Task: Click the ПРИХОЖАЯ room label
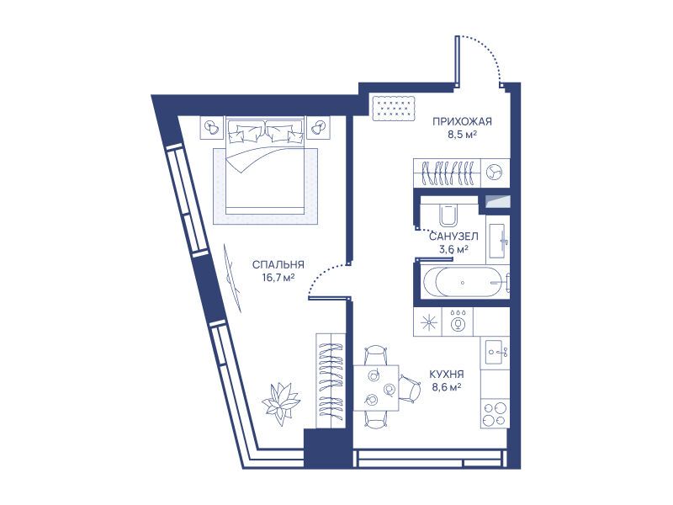pyautogui.click(x=462, y=121)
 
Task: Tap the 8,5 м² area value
pyautogui.click(x=463, y=135)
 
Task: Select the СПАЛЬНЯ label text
pyautogui.click(x=278, y=265)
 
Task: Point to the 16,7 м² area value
pyautogui.click(x=278, y=278)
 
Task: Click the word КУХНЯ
pyautogui.click(x=447, y=375)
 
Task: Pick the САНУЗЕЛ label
pyautogui.click(x=453, y=237)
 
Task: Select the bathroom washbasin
pyautogui.click(x=498, y=240)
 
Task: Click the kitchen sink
pyautogui.click(x=495, y=353)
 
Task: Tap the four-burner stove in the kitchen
pyautogui.click(x=495, y=413)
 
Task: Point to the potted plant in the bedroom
pyautogui.click(x=281, y=404)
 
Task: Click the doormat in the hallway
pyautogui.click(x=394, y=109)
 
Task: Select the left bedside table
pyautogui.click(x=211, y=127)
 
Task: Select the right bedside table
pyautogui.click(x=318, y=127)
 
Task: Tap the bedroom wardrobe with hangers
pyautogui.click(x=331, y=380)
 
